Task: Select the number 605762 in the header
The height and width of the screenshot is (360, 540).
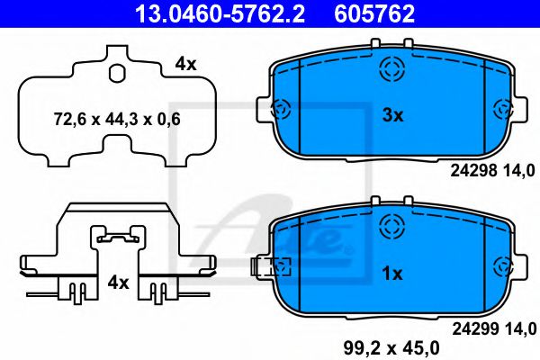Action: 374,13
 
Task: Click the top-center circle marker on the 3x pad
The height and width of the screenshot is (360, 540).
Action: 391,69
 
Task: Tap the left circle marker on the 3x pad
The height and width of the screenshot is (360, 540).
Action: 279,110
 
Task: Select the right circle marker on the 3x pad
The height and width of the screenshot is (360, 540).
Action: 503,110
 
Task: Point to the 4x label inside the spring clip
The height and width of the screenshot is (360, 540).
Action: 118,283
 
